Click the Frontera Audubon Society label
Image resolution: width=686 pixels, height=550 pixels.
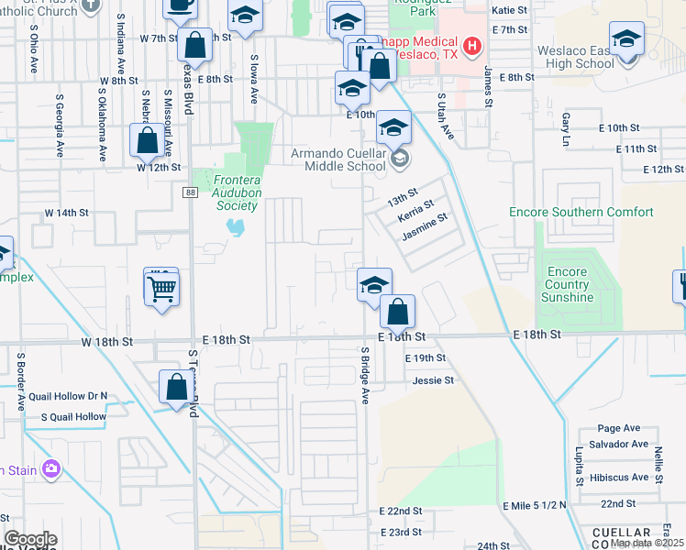[x=226, y=193]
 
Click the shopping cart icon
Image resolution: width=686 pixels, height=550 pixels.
[x=161, y=289]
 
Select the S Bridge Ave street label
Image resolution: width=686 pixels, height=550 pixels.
[x=364, y=376]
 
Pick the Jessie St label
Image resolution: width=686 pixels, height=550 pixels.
[x=434, y=379]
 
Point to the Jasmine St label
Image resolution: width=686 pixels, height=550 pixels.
[x=424, y=227]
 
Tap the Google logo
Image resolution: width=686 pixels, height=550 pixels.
[x=30, y=539]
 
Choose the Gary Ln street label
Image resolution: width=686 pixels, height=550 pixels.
[x=566, y=129]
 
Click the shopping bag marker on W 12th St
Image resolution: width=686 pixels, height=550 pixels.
[x=147, y=141]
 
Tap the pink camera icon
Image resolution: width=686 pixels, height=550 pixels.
[x=50, y=470]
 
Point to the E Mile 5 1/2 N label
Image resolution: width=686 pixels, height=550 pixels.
[x=535, y=505]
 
